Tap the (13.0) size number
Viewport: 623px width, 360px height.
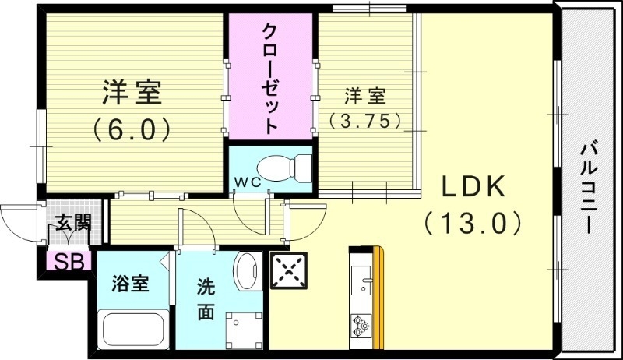click(x=473, y=224)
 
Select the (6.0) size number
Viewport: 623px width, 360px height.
click(x=132, y=129)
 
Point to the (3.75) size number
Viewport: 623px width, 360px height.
click(x=364, y=121)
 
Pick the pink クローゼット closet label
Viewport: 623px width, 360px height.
click(x=269, y=78)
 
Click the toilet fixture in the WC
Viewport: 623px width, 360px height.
click(x=283, y=166)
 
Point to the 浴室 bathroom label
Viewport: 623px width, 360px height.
click(x=130, y=281)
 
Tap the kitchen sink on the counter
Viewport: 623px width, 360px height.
click(x=362, y=277)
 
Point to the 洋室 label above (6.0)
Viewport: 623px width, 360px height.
click(x=132, y=93)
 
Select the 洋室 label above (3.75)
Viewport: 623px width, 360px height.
click(x=364, y=97)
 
